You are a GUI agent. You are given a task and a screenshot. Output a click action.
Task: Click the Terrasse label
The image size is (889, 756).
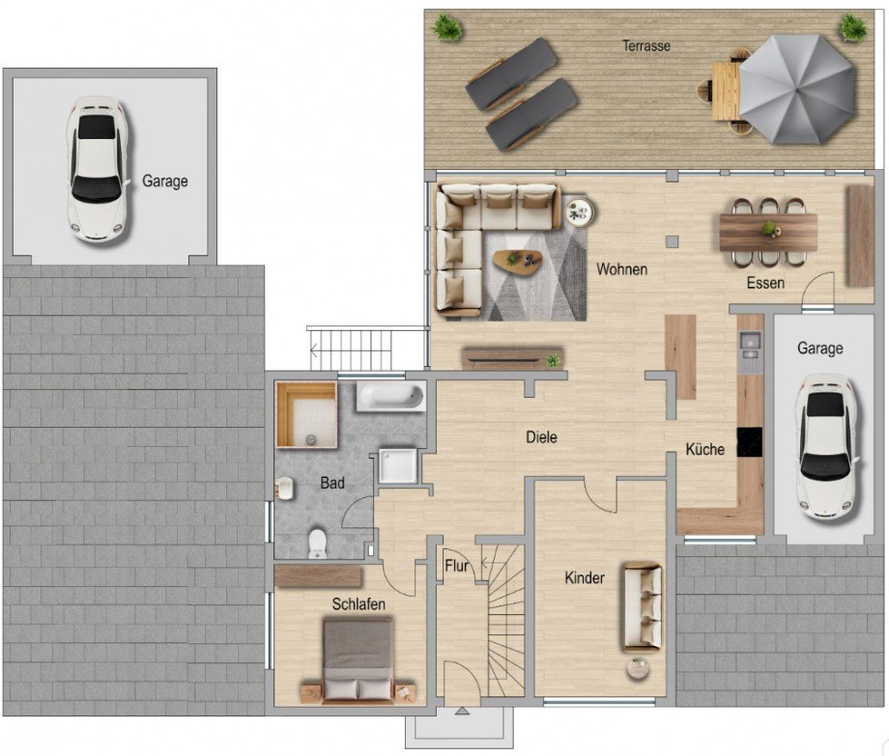point(646,46)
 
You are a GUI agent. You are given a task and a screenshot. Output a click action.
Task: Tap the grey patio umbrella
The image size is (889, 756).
point(796,90)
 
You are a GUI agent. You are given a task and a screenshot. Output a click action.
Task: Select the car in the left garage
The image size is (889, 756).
point(97,169)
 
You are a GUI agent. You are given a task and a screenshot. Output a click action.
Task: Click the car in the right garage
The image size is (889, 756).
point(826,447)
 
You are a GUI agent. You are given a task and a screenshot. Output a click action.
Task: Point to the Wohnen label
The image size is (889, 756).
point(622,269)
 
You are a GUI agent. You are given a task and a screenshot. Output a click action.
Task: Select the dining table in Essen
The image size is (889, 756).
point(768,232)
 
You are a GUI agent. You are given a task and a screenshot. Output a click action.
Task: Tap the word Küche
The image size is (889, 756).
point(704,449)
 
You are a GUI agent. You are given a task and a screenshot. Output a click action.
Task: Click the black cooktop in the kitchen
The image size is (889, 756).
point(749,441)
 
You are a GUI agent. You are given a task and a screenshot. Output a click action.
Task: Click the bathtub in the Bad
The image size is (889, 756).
point(390,397)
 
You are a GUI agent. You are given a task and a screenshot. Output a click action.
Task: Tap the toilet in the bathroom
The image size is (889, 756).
point(316,543)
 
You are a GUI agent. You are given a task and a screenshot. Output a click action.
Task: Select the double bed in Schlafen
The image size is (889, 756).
point(358,661)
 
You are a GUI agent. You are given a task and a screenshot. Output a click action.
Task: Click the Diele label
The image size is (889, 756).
point(541,437)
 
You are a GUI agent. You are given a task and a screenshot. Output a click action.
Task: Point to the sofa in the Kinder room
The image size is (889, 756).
point(644,606)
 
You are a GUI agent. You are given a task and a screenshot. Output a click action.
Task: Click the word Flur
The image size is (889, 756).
point(456,566)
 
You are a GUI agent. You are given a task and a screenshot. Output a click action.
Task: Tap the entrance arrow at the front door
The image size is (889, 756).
point(462,712)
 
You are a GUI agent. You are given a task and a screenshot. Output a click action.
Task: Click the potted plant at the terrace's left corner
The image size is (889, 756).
point(448,27)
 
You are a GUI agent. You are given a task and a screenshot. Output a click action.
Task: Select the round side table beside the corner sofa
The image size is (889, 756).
point(579,211)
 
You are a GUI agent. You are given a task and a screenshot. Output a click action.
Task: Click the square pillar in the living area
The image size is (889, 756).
point(672,241)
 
